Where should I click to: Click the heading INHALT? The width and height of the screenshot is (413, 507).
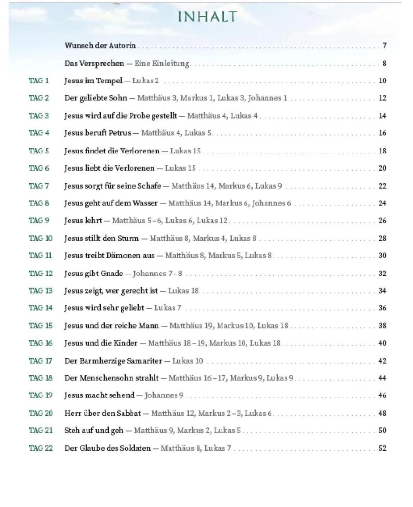[207, 17]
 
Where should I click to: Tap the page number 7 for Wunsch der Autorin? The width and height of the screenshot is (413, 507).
[384, 46]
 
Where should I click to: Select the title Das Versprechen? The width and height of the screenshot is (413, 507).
[94, 63]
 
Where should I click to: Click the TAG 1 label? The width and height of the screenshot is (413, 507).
[39, 81]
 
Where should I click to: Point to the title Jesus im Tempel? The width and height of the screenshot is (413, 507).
[93, 81]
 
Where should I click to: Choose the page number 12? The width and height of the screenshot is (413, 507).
[382, 98]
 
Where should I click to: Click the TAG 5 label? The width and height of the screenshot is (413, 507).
[39, 151]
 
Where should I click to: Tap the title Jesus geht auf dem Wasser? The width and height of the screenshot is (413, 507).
[111, 203]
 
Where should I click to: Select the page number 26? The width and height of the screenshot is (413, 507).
[382, 221]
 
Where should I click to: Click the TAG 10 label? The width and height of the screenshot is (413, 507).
[40, 238]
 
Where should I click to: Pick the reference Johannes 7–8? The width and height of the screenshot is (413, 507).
[157, 273]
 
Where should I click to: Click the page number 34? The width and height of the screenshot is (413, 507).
[382, 291]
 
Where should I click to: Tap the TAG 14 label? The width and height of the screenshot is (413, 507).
[40, 308]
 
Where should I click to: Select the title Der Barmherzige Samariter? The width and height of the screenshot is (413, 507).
[113, 361]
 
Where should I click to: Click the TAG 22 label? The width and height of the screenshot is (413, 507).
[40, 448]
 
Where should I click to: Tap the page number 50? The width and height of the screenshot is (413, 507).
[382, 430]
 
